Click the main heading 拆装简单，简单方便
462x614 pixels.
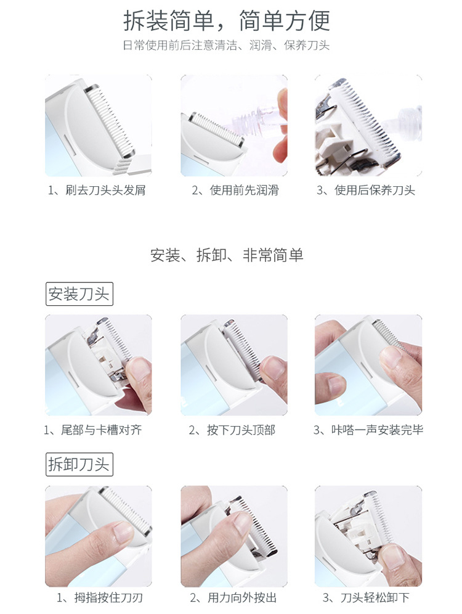[x=227, y=20]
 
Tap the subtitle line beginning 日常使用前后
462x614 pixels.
[x=226, y=46]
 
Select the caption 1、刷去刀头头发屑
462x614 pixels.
[x=97, y=190]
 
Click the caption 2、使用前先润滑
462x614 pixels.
[x=235, y=190]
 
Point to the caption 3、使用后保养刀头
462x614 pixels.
[x=366, y=190]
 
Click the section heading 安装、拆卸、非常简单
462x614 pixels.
[x=227, y=255]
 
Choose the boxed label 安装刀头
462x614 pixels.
[x=79, y=293]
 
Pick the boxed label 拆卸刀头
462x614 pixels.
[x=79, y=464]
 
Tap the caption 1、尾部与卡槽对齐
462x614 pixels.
[x=93, y=430]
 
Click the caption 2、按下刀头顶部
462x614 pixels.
[x=232, y=430]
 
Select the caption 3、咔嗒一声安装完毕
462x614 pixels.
[x=368, y=430]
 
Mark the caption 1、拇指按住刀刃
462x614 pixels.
[x=100, y=597]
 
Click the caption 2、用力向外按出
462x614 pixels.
[x=233, y=597]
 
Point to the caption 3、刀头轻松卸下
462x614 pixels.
[x=366, y=597]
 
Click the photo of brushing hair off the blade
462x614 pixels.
[x=99, y=126]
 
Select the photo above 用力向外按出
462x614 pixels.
[x=234, y=536]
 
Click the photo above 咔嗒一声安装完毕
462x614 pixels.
[x=368, y=365]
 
